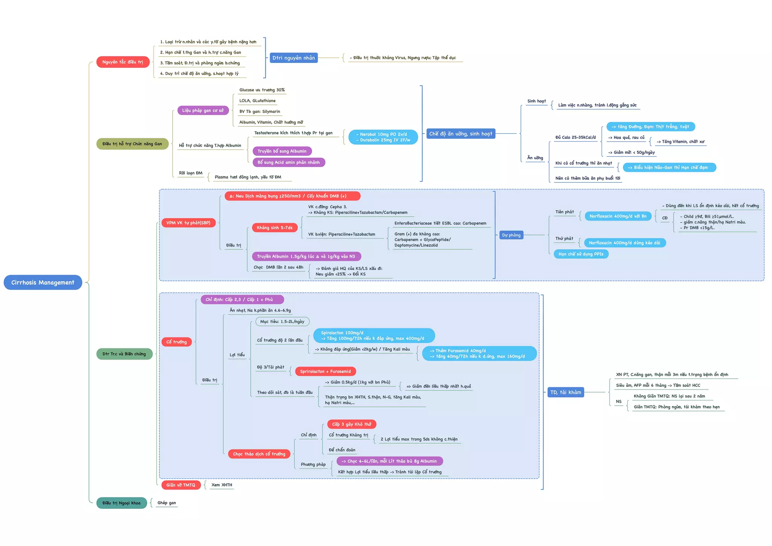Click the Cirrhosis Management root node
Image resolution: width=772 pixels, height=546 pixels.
43,282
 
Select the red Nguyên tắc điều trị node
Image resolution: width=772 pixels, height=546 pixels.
123,62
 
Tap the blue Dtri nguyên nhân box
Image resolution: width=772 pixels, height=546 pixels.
294,58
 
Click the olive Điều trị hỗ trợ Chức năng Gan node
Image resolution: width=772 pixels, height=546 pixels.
132,144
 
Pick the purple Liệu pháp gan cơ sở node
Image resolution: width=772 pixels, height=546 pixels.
203,110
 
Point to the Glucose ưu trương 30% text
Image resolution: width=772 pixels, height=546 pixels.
262,90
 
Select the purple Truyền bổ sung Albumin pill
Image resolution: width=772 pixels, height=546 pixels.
282,151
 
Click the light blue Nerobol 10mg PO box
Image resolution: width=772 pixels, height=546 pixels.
383,137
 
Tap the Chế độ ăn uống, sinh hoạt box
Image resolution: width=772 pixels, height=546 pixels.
461,134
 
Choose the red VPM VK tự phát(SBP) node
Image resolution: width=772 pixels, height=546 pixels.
188,223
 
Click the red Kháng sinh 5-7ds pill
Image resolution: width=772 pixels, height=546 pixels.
274,228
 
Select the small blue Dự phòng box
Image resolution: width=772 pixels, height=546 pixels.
511,235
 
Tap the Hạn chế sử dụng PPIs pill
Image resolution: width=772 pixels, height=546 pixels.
581,254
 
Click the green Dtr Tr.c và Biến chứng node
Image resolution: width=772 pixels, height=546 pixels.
124,354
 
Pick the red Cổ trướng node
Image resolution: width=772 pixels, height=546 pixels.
176,342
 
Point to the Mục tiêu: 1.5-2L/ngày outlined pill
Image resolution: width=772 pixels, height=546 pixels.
282,322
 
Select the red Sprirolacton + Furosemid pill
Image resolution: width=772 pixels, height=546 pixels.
325,371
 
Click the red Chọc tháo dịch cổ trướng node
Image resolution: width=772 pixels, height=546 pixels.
259,454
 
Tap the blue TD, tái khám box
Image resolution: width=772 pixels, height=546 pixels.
565,393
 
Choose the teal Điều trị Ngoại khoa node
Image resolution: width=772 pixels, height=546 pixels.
121,503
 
